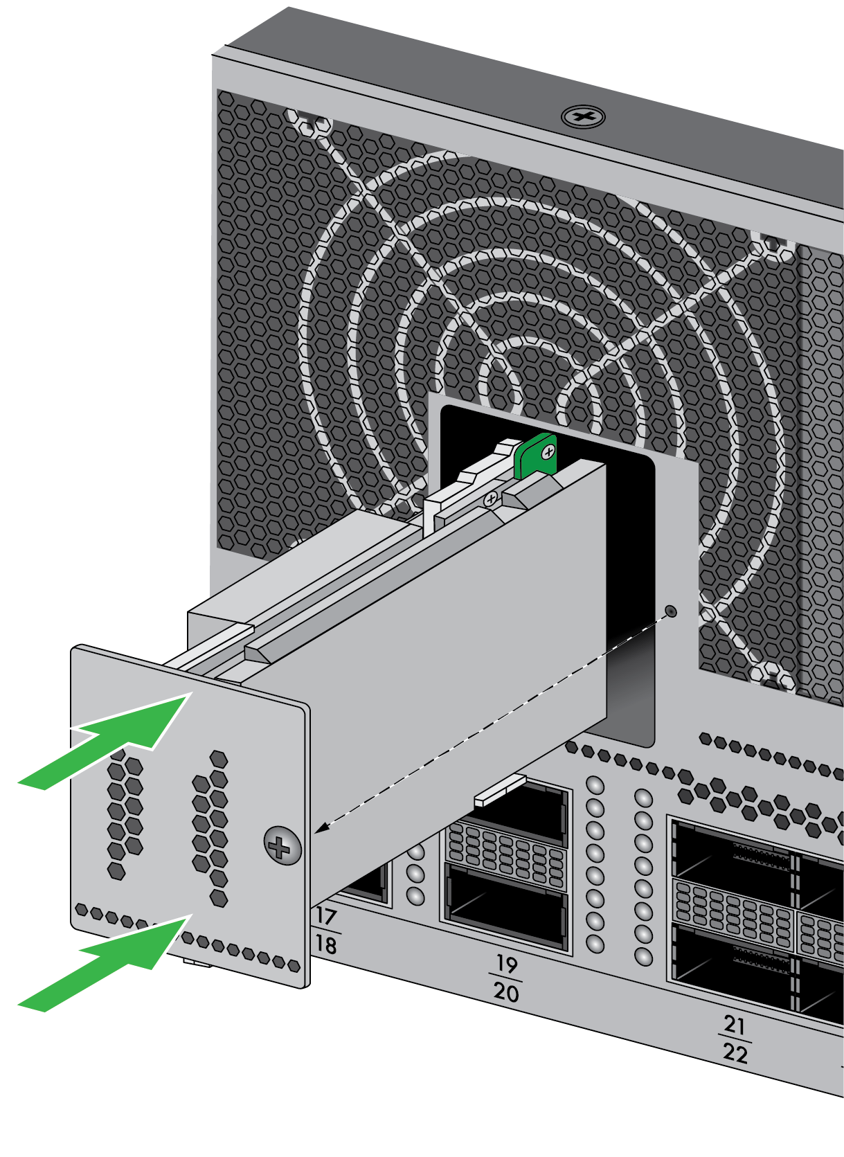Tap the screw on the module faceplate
[x=282, y=845]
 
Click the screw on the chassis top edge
[x=583, y=117]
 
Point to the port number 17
[x=326, y=916]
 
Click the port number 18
[x=326, y=944]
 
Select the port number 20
[x=505, y=992]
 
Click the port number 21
[x=734, y=1024]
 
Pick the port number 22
[x=735, y=1053]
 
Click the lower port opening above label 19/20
[x=507, y=908]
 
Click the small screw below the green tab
[x=491, y=499]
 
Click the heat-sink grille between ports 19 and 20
[x=506, y=855]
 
